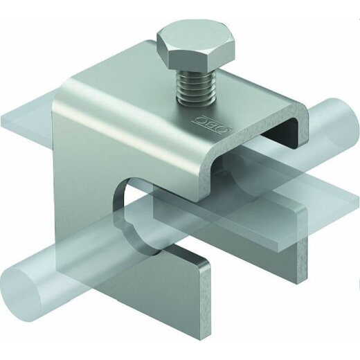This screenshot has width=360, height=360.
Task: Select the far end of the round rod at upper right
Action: coord(345,123)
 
